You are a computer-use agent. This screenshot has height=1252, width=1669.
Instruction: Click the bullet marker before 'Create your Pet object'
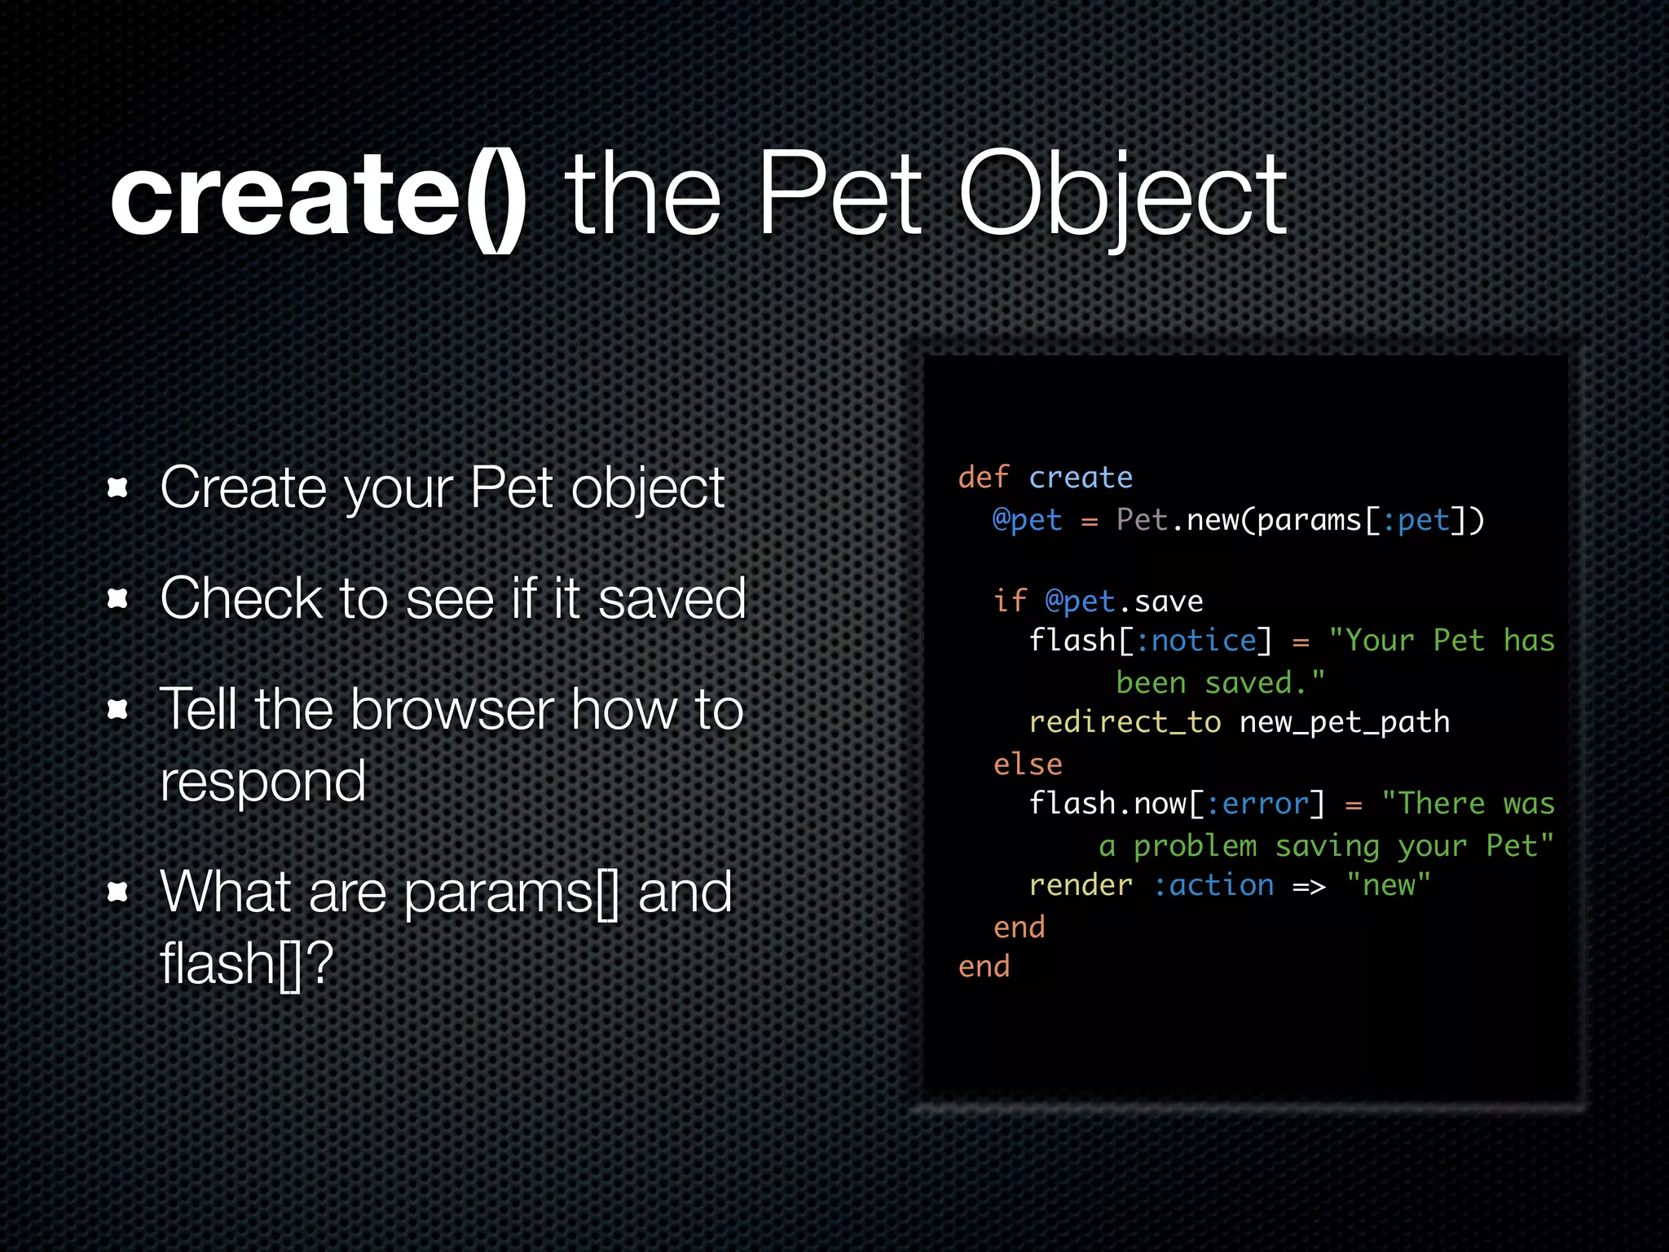tap(118, 488)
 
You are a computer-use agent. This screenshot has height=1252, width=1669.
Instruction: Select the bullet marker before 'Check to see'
tap(118, 599)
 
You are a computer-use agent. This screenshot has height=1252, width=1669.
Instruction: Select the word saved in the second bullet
tap(672, 599)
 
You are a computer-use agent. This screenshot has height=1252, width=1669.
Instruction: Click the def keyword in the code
tap(983, 478)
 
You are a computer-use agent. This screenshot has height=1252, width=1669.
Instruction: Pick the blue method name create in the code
tap(1081, 478)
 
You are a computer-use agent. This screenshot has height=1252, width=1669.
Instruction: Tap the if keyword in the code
tap(1009, 602)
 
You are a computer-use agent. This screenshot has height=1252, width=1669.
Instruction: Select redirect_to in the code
tap(1125, 722)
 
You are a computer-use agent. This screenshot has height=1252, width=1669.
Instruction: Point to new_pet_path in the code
tap(1345, 722)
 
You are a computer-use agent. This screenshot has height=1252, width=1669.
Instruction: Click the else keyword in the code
tap(1027, 765)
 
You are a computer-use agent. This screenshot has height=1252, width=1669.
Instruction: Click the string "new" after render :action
tap(1389, 885)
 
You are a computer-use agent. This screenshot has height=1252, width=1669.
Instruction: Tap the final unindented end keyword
tap(984, 967)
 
